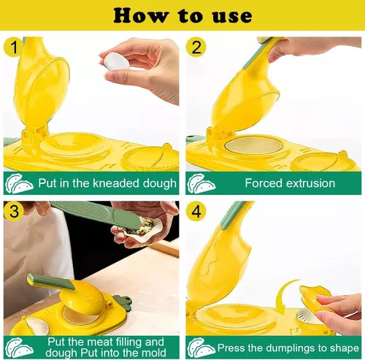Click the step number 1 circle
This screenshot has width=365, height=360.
(x=14, y=47)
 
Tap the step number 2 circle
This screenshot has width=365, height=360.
(x=196, y=47)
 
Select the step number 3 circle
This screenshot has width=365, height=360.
(x=14, y=211)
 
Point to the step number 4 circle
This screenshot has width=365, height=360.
(x=196, y=211)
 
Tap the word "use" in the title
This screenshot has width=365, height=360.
(x=232, y=17)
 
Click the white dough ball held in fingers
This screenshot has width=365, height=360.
(x=116, y=61)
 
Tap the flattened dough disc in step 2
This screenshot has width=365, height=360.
(x=253, y=146)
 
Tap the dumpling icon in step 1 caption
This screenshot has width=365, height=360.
(x=19, y=183)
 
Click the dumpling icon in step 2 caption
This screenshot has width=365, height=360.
(x=201, y=183)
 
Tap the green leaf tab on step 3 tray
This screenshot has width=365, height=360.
(x=123, y=302)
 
